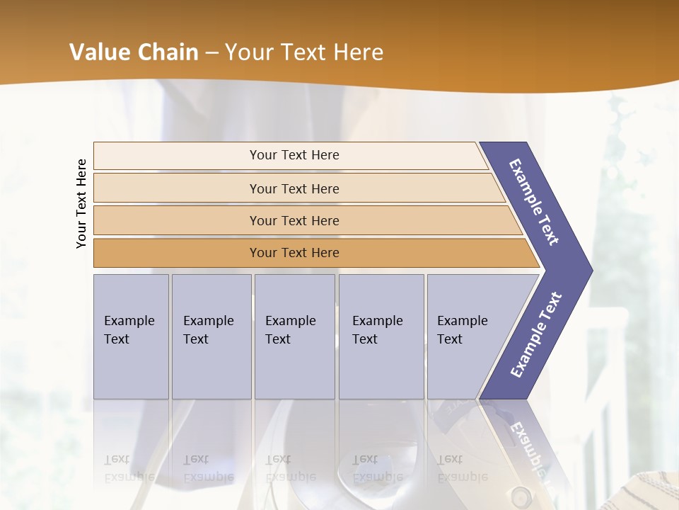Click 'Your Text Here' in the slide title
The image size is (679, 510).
click(304, 52)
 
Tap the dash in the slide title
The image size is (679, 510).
click(211, 53)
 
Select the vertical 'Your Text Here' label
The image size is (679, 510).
click(81, 203)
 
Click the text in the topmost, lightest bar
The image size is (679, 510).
click(294, 155)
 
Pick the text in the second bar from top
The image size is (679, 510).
click(294, 189)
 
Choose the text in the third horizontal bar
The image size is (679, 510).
click(294, 221)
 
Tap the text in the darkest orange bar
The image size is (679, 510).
click(294, 253)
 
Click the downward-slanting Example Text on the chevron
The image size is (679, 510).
click(534, 202)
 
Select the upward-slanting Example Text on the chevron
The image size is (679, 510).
click(535, 335)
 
